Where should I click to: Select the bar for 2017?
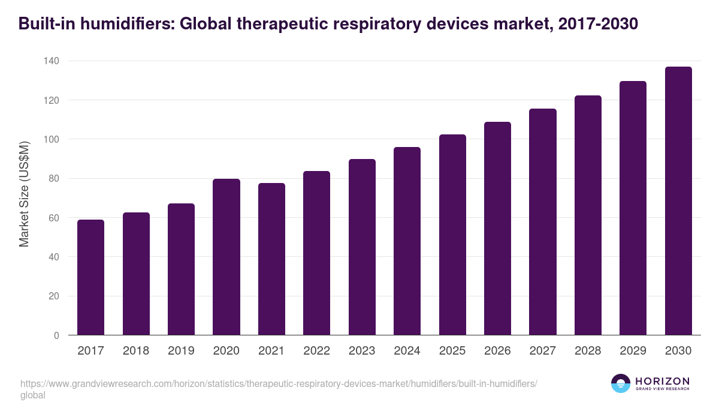(x=90, y=277)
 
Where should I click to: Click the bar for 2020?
(x=226, y=257)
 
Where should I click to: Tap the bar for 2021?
(x=271, y=259)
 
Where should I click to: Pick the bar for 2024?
(x=407, y=241)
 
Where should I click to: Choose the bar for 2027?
(x=542, y=222)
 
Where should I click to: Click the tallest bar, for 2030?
(x=678, y=201)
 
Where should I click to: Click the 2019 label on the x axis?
(x=181, y=351)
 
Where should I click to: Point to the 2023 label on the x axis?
(x=362, y=351)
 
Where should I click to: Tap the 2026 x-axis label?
(x=497, y=351)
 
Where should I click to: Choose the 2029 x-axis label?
(x=633, y=351)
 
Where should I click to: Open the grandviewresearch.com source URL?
(x=279, y=384)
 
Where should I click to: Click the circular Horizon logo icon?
(x=620, y=383)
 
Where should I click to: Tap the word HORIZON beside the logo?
(x=662, y=381)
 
